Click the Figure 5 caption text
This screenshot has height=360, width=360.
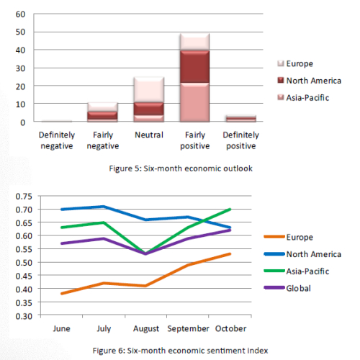(x=181, y=168)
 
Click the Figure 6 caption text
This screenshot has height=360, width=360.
(x=180, y=351)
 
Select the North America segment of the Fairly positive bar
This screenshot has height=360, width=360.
(x=194, y=66)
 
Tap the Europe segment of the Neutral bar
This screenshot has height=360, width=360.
(x=149, y=90)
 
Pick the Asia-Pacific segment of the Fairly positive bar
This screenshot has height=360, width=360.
(x=194, y=102)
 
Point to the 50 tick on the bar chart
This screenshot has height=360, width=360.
(x=20, y=32)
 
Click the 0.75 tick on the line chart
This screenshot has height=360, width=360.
(x=24, y=197)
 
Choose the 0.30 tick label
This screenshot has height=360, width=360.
(x=24, y=316)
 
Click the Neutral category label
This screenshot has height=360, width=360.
(x=149, y=135)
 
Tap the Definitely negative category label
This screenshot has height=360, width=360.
(x=57, y=140)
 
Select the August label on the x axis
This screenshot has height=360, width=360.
(x=146, y=328)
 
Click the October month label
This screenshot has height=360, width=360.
(x=230, y=328)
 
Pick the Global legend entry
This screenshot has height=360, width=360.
(x=287, y=288)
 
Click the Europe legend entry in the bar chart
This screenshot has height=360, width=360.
(x=295, y=63)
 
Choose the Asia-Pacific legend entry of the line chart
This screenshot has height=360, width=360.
(x=296, y=271)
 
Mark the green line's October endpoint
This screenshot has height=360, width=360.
(x=230, y=210)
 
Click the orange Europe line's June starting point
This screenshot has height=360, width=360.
(x=62, y=294)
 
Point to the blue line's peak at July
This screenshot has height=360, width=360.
(x=104, y=207)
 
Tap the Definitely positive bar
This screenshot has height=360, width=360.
(x=241, y=119)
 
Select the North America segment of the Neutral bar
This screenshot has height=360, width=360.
(x=149, y=109)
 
